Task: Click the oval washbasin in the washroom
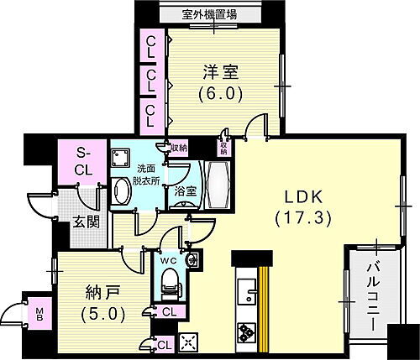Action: (120, 191)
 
